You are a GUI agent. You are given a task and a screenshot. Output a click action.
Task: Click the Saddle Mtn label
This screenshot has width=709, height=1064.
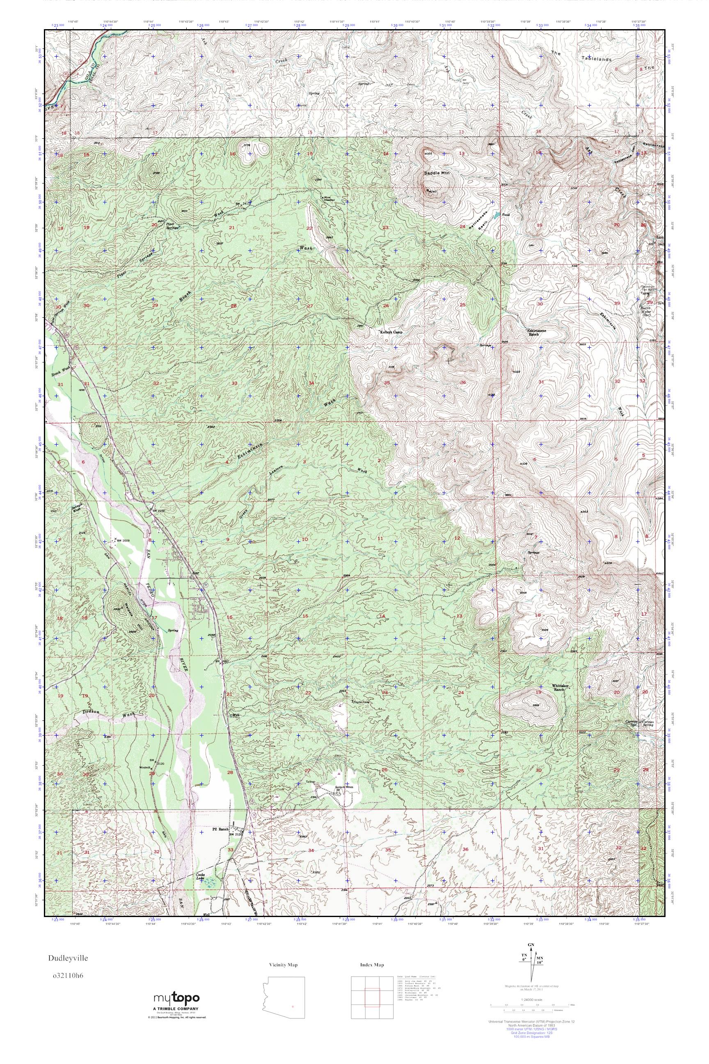coord(435,173)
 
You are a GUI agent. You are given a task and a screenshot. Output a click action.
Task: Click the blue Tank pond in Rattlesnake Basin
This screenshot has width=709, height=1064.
coord(497,214)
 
